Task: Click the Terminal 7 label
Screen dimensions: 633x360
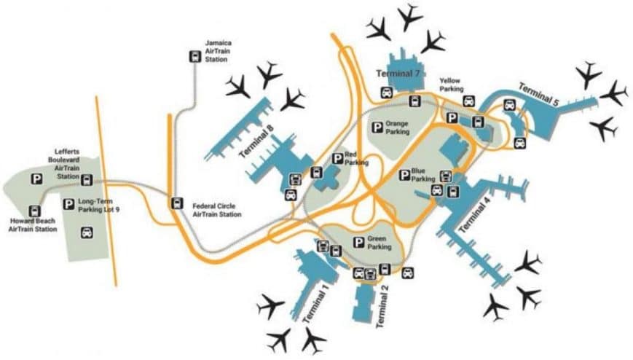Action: pyautogui.click(x=398, y=74)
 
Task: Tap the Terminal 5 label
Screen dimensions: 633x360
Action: pyautogui.click(x=538, y=94)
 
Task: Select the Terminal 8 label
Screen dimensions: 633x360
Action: pyautogui.click(x=256, y=141)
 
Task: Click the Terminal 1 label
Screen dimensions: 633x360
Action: pyautogui.click(x=315, y=302)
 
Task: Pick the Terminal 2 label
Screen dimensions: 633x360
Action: pyautogui.click(x=382, y=306)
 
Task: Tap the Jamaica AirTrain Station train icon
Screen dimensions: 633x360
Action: pyautogui.click(x=195, y=57)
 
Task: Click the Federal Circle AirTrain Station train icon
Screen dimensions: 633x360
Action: pyautogui.click(x=176, y=203)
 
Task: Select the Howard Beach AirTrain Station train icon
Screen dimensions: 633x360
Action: pyautogui.click(x=35, y=211)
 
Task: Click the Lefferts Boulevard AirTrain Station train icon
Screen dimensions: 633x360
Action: pyautogui.click(x=87, y=180)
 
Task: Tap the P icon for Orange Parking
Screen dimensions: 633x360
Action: pyautogui.click(x=377, y=128)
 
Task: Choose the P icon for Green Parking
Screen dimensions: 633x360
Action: pyautogui.click(x=358, y=243)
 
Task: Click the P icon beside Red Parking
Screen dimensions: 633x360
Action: pyautogui.click(x=337, y=159)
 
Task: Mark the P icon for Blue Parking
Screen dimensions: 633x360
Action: pyautogui.click(x=404, y=176)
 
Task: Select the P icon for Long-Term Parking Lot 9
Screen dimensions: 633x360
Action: pyautogui.click(x=68, y=204)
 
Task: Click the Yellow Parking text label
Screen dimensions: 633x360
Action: pyautogui.click(x=452, y=85)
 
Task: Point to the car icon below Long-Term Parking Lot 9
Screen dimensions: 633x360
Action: pyautogui.click(x=87, y=232)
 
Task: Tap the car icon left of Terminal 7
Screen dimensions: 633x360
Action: pyautogui.click(x=387, y=93)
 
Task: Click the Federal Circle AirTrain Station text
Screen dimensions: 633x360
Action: pyautogui.click(x=217, y=210)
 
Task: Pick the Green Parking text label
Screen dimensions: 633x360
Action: pyautogui.click(x=379, y=243)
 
